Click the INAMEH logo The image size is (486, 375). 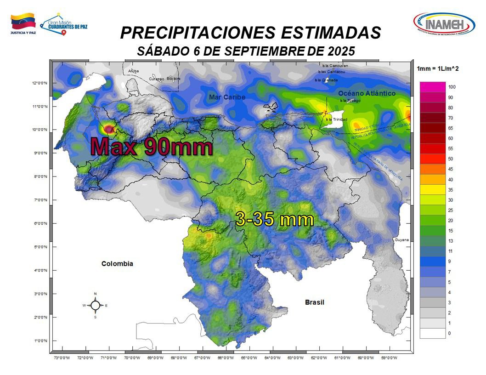pyautogui.click(x=444, y=23)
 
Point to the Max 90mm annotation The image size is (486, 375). pyautogui.click(x=152, y=147)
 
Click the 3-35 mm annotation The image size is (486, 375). pyautogui.click(x=274, y=219)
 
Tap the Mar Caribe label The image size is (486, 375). pyautogui.click(x=227, y=97)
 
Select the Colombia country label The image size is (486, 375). pyautogui.click(x=117, y=264)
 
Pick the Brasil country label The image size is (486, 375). pyautogui.click(x=315, y=302)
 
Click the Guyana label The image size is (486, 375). pyautogui.click(x=401, y=240)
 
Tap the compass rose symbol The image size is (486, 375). pyautogui.click(x=95, y=305)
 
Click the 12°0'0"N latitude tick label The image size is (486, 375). pyautogui.click(x=40, y=83)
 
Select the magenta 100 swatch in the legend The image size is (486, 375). pyautogui.click(x=432, y=87)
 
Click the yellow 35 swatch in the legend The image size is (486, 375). pyautogui.click(x=432, y=189)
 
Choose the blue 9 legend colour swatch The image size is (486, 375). pyautogui.click(x=432, y=261)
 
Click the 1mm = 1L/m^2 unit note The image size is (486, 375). pyautogui.click(x=438, y=68)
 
